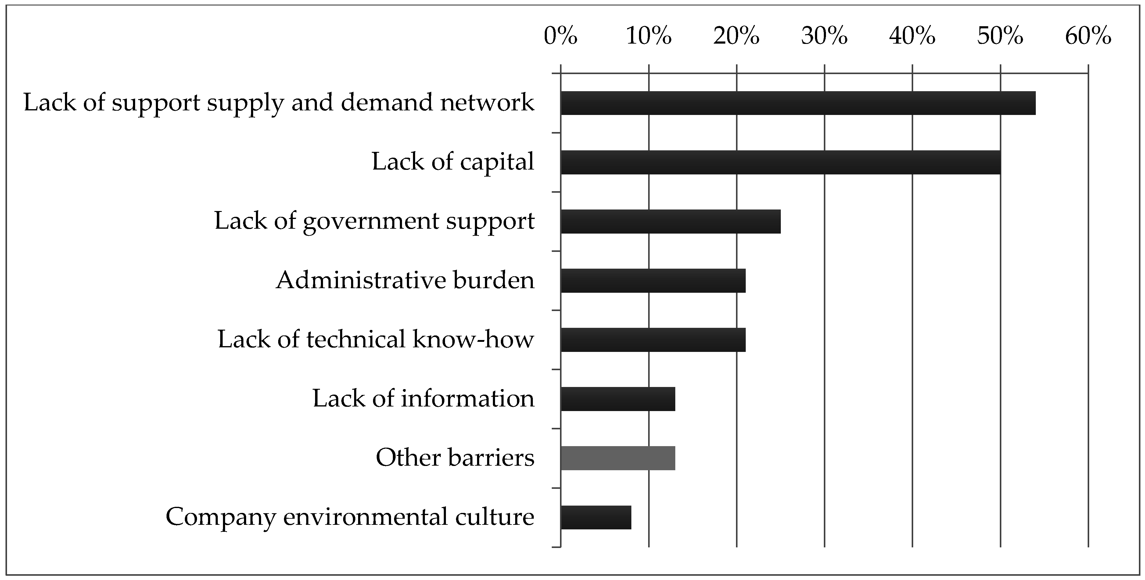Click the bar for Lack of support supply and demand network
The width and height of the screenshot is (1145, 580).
pos(798,103)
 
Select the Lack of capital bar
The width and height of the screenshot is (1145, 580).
pos(781,162)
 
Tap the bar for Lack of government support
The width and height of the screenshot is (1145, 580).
pos(670,221)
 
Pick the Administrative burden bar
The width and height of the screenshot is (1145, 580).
pos(653,281)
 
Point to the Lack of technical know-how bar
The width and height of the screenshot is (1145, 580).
pos(653,340)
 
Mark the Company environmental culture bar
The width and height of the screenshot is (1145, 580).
pos(596,517)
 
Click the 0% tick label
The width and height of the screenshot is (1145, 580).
pos(561,36)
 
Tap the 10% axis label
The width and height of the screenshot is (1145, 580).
pos(648,36)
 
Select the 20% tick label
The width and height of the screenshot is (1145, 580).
pos(737,36)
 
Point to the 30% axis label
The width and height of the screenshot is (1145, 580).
pos(824,36)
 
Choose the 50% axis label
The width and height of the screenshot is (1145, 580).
pos(1000,36)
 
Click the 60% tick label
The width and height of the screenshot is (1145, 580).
pos(1088,36)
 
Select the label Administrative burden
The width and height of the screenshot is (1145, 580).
pos(405,280)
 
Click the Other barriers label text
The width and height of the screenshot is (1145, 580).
pos(455,457)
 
